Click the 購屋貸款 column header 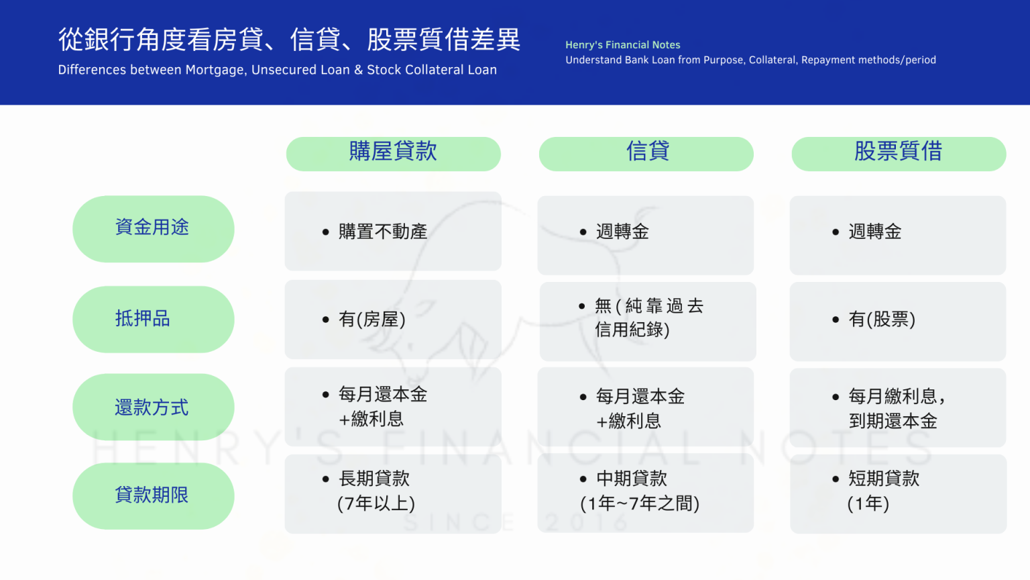click(393, 154)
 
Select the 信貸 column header click(646, 154)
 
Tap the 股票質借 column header click(899, 154)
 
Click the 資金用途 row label click(153, 229)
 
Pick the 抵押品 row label click(153, 320)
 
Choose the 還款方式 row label click(153, 407)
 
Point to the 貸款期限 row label click(153, 496)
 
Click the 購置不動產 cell click(393, 231)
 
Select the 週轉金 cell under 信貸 click(646, 235)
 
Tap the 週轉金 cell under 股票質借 click(898, 235)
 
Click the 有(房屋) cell click(393, 320)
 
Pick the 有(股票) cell click(898, 322)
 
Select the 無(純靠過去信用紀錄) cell click(648, 322)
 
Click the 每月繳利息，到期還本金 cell click(898, 407)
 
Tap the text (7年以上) click(376, 503)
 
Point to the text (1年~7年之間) click(640, 503)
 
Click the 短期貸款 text click(884, 478)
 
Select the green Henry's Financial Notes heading click(622, 45)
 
